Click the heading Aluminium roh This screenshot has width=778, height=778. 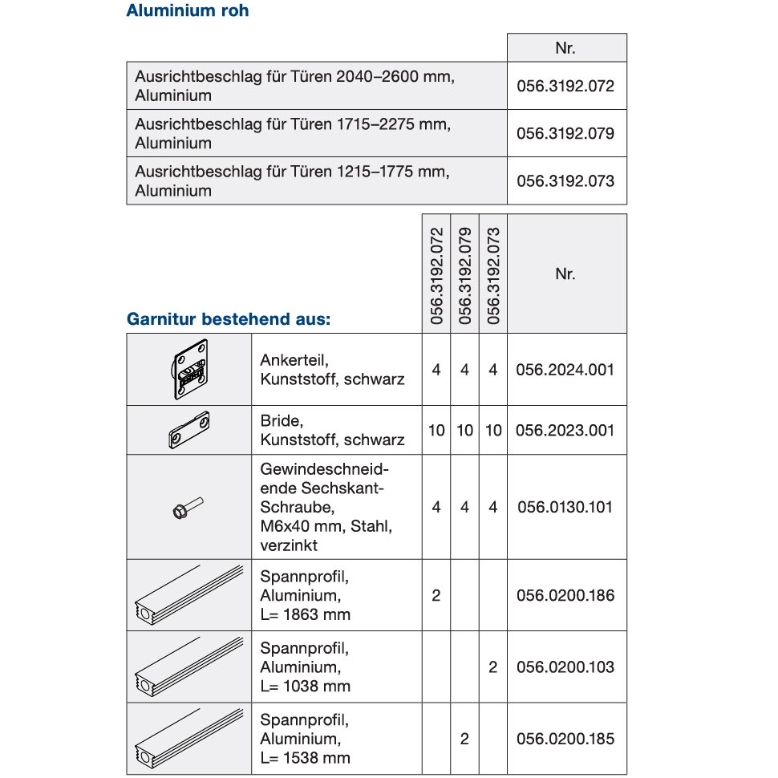(x=188, y=11)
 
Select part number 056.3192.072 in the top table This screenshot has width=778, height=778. (x=565, y=86)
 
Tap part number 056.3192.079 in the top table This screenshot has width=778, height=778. (x=565, y=133)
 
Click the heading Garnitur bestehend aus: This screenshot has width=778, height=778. (x=229, y=319)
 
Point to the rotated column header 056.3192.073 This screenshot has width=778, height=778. (x=493, y=275)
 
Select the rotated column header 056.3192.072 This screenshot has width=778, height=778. (x=436, y=275)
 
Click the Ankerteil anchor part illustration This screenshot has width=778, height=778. (x=188, y=370)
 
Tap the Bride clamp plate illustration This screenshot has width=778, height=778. (x=188, y=431)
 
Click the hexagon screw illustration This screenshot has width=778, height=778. (x=188, y=508)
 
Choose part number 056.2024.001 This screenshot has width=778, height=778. (x=565, y=370)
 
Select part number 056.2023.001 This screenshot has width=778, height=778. (x=565, y=430)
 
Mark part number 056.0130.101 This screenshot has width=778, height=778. (x=565, y=507)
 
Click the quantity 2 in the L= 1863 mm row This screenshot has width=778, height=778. (x=436, y=595)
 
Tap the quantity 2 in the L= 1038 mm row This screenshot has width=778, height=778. (x=493, y=667)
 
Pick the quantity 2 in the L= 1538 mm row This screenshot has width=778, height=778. (x=464, y=739)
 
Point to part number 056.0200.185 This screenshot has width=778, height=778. (x=565, y=739)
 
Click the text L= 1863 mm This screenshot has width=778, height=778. (x=305, y=615)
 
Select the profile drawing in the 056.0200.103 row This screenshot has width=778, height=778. (x=188, y=667)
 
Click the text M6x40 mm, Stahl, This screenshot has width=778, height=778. (x=326, y=526)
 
